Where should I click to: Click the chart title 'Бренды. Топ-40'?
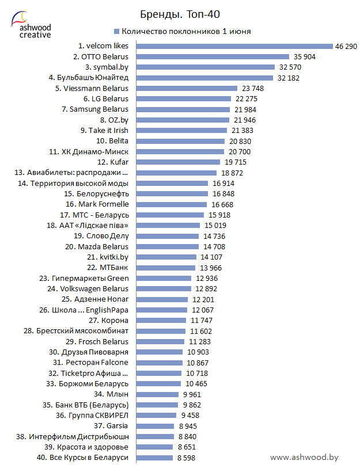click(x=180, y=13)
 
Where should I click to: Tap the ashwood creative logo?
click(x=31, y=25)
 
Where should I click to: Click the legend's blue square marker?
click(x=117, y=31)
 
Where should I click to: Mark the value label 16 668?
click(x=223, y=204)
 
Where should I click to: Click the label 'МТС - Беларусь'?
click(x=100, y=215)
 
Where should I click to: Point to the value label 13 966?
click(x=211, y=268)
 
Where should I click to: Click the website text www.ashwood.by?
click(x=304, y=456)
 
